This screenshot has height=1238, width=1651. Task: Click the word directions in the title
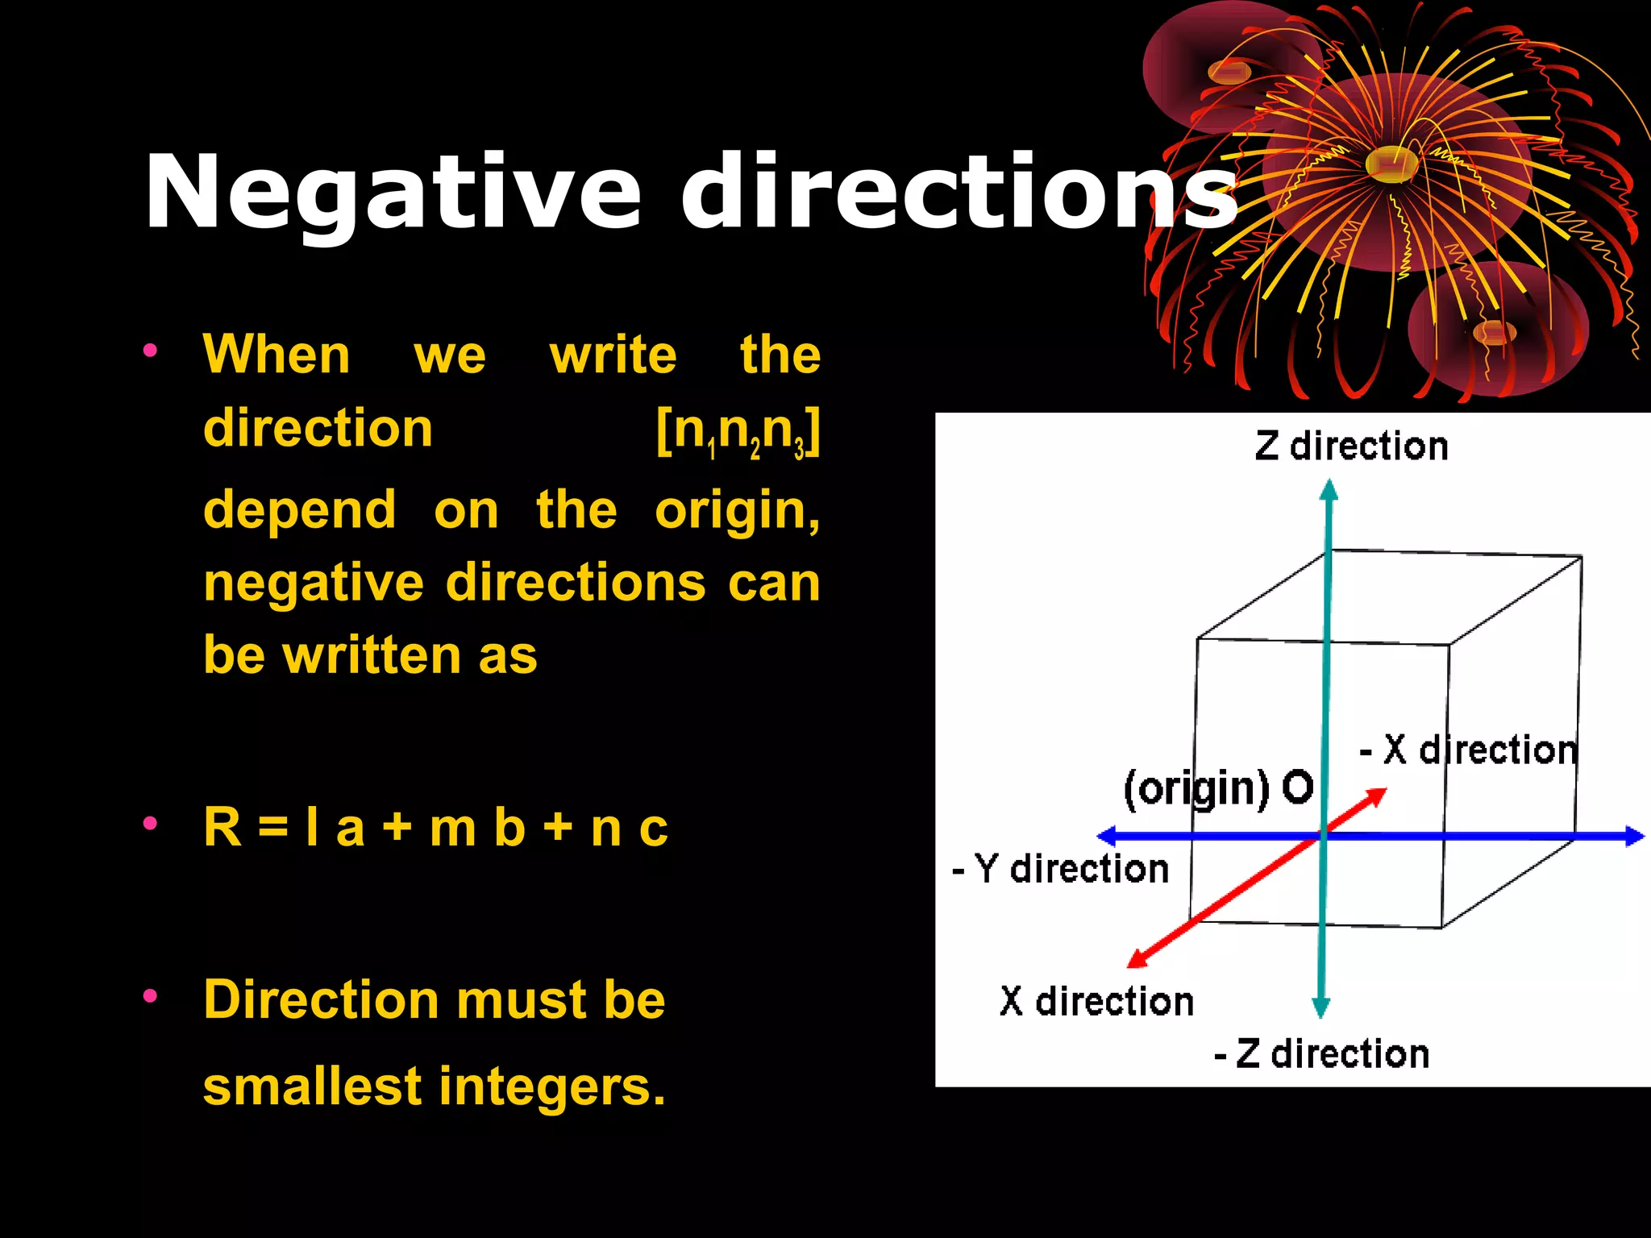click(x=959, y=193)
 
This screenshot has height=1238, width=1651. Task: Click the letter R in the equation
click(x=222, y=827)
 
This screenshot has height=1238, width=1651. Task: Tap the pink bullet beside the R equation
click(x=150, y=823)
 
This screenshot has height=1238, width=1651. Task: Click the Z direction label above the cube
click(x=1351, y=447)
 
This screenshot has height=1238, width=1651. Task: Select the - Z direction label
click(x=1321, y=1054)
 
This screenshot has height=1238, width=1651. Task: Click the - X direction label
click(x=1467, y=750)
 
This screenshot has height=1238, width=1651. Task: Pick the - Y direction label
click(x=1060, y=869)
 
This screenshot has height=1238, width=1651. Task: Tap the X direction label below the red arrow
click(x=1096, y=1002)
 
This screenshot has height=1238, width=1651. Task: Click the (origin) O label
click(x=1218, y=787)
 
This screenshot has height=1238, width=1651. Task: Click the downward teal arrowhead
click(x=1320, y=1007)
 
